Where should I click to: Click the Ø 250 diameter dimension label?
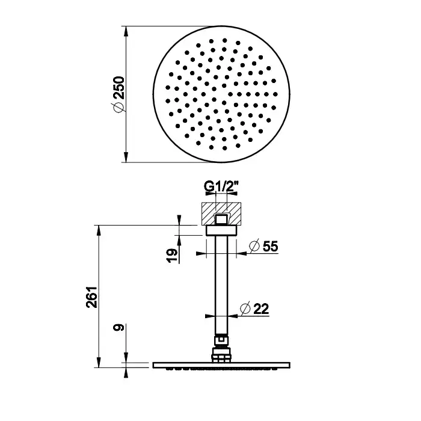(x=118, y=94)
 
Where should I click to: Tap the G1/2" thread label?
(x=221, y=186)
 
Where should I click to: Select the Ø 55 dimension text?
(x=263, y=246)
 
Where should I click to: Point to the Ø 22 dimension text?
(x=254, y=309)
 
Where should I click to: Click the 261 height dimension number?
(x=91, y=297)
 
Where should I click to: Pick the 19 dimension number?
(x=172, y=256)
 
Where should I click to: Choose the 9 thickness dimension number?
(x=118, y=328)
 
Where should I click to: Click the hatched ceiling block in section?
(x=221, y=214)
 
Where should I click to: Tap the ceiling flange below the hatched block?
(x=221, y=230)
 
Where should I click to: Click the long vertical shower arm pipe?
(x=221, y=285)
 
